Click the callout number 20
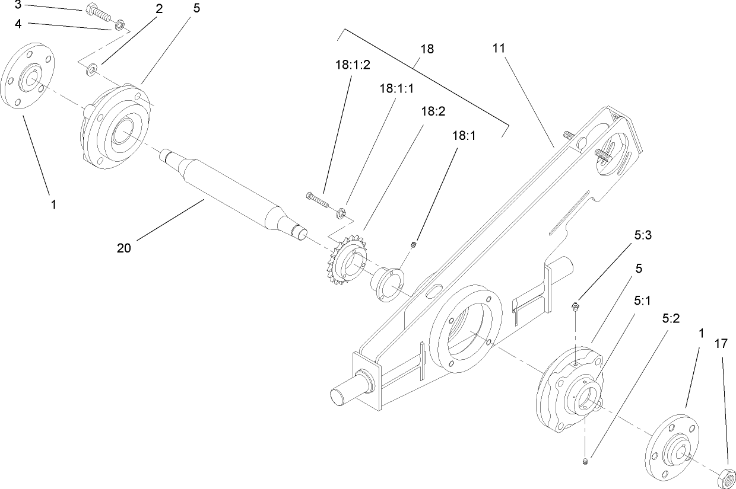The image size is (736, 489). (x=124, y=248)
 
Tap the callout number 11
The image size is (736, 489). (x=499, y=48)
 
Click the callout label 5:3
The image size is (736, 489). (x=643, y=235)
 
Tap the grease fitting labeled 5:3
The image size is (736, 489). (x=575, y=306)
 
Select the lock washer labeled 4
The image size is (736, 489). (x=119, y=25)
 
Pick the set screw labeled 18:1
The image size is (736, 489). (x=416, y=243)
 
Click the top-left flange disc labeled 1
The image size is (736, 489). (x=28, y=75)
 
